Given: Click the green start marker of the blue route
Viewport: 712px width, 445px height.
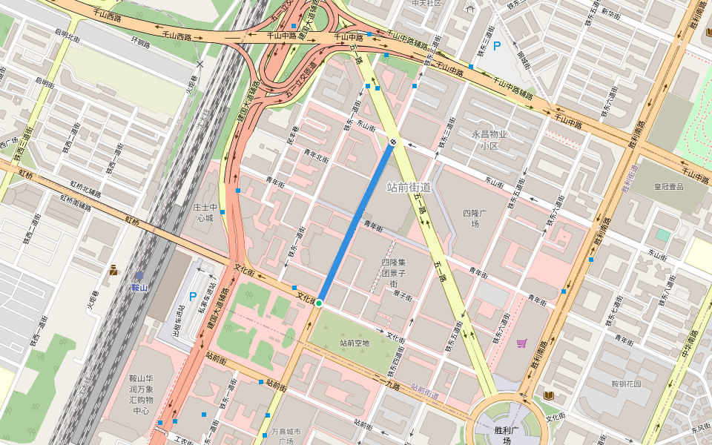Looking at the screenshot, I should [319, 303].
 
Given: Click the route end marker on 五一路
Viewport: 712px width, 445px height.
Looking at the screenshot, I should [393, 141].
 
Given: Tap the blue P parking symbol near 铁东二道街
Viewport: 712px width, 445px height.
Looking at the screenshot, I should [497, 46].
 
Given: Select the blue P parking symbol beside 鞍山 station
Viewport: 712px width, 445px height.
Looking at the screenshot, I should [193, 297].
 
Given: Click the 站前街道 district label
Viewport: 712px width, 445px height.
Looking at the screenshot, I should [409, 187].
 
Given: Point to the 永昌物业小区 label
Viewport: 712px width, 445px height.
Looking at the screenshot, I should [489, 139].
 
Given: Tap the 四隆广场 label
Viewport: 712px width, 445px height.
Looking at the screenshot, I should [475, 219].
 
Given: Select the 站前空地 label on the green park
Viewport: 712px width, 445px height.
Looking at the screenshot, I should [355, 343].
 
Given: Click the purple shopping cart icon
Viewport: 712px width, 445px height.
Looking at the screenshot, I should [521, 343].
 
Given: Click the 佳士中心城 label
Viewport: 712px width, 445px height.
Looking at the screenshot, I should [204, 213].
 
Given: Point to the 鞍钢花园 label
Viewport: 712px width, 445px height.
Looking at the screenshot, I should [625, 383].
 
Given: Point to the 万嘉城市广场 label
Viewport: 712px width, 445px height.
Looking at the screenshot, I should [286, 436].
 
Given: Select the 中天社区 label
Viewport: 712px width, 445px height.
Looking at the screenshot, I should [426, 3].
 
